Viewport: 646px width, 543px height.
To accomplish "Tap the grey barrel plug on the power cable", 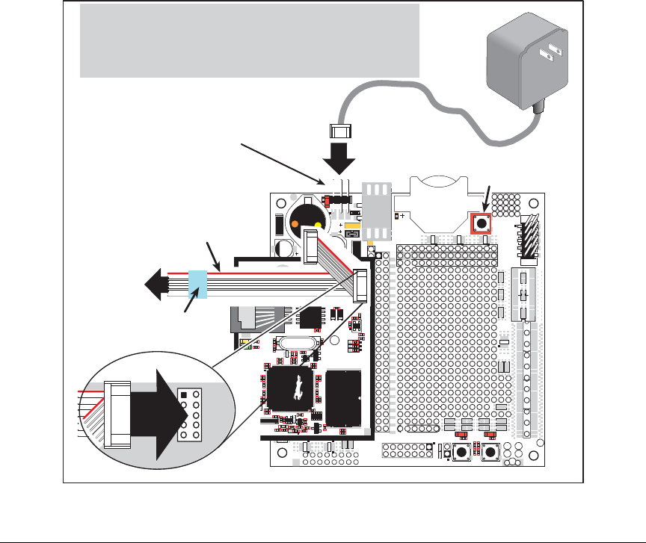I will tap(339, 131).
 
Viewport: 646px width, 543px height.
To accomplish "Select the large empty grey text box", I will tap(249, 40).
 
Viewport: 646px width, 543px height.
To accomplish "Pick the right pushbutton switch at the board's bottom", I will tap(490, 453).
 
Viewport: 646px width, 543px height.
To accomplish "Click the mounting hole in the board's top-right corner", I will tap(532, 204).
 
